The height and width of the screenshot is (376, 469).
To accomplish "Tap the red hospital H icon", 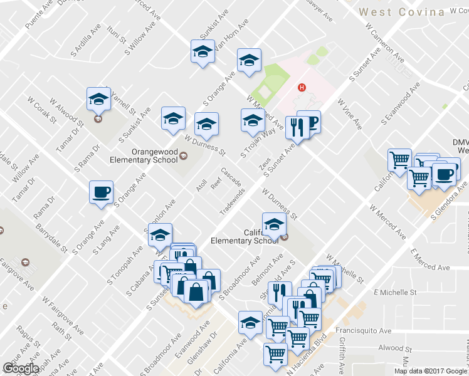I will pos(302,88).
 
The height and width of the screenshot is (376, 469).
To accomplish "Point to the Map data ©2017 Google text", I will pos(430,370).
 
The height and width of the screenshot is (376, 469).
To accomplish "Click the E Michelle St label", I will pos(394,293).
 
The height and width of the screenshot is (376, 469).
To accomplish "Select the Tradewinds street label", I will pos(231,201).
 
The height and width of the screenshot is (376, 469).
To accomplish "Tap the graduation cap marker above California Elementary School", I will pos(274,224).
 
